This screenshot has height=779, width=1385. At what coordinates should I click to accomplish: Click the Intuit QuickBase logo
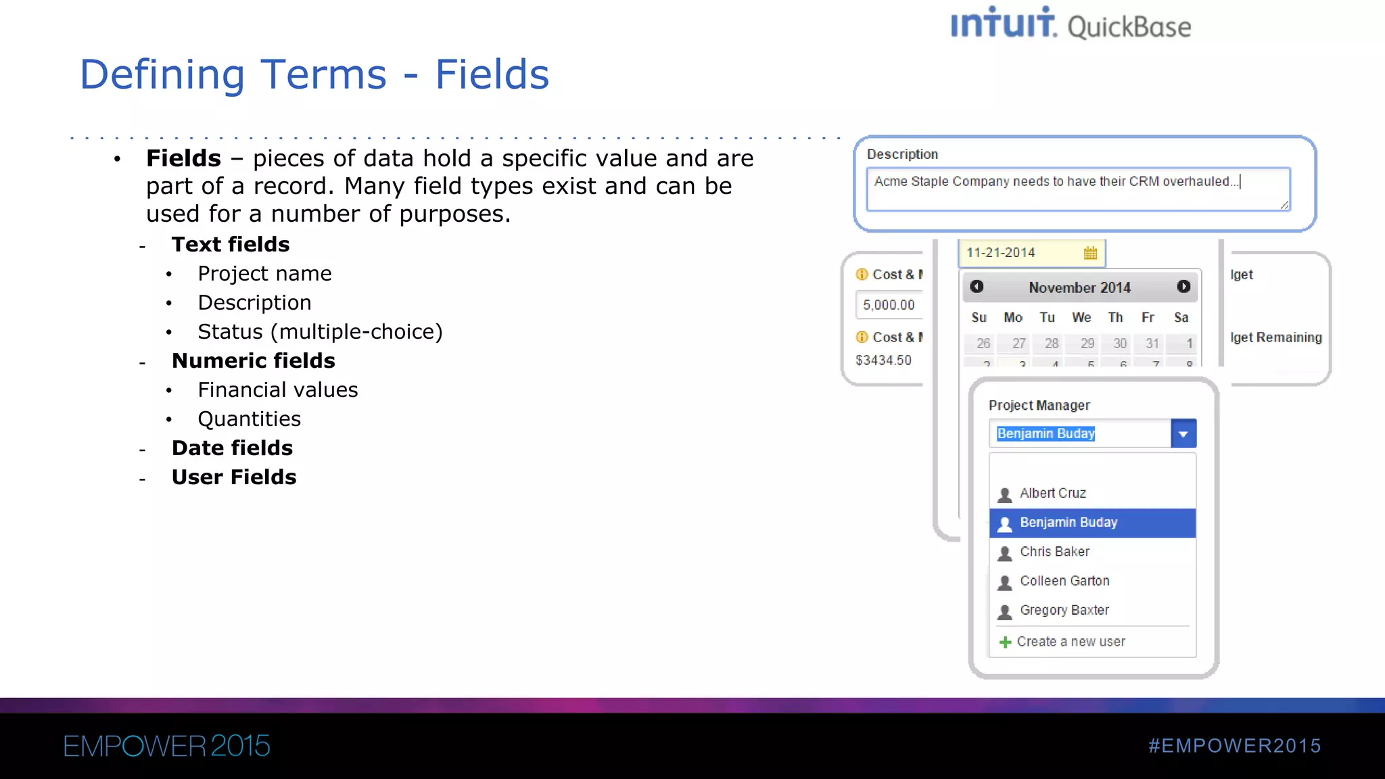tap(1070, 24)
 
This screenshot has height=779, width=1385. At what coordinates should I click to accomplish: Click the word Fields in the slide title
tap(492, 74)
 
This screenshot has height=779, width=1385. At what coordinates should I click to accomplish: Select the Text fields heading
tap(230, 244)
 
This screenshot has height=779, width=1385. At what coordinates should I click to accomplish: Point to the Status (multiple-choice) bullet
tap(320, 332)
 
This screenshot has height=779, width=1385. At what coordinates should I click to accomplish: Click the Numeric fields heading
tap(253, 361)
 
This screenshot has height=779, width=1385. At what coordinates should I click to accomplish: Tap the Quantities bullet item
tap(249, 419)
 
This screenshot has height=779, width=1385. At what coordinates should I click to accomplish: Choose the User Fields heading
tap(233, 477)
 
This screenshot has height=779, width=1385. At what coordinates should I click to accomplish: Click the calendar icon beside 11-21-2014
tap(1090, 253)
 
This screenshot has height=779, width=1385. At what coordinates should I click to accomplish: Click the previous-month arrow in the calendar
tap(977, 287)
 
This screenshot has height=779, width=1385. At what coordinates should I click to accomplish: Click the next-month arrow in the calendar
tap(1183, 287)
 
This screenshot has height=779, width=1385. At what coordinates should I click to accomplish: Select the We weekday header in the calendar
tap(1081, 317)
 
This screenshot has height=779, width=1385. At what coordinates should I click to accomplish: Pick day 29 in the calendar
tap(1087, 344)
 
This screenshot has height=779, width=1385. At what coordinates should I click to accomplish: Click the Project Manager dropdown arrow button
tap(1183, 434)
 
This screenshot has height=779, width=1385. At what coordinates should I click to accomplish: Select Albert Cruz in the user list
tap(1052, 494)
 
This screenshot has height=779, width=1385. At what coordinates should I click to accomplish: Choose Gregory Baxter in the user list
tap(1064, 611)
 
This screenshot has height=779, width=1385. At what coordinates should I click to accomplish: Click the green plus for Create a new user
tap(1005, 642)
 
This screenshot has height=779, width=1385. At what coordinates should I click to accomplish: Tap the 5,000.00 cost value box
tap(889, 305)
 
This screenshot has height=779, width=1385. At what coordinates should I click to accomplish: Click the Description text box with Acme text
tap(1077, 189)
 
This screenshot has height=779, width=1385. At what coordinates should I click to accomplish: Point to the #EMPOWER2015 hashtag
tap(1234, 746)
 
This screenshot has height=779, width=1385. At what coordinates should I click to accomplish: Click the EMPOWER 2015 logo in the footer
tap(166, 747)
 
